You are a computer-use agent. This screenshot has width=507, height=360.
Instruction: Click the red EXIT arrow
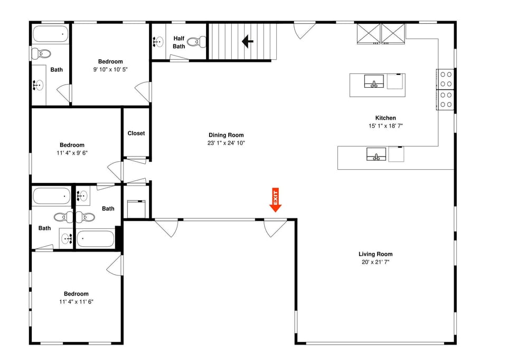tap(275, 200)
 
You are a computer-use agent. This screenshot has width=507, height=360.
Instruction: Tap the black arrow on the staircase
tap(247, 41)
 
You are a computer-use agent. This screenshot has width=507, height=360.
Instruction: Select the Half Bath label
tap(179, 42)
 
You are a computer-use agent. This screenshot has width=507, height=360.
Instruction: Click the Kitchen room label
tap(386, 118)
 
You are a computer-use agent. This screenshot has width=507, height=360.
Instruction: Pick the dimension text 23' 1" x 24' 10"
tap(226, 143)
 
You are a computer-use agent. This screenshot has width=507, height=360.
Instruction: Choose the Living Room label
tap(375, 254)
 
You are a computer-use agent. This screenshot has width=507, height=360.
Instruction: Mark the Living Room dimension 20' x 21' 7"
tap(375, 262)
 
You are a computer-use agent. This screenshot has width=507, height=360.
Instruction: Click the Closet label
tap(136, 133)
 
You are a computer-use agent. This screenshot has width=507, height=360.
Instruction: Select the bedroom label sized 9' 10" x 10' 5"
tap(110, 62)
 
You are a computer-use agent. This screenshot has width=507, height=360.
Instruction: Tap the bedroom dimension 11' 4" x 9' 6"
tap(72, 153)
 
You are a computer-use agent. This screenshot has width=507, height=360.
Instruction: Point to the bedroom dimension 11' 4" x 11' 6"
tap(76, 302)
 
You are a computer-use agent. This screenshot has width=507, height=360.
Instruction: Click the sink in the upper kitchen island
tap(374, 81)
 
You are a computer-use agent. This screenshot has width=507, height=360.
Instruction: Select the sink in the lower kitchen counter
tap(377, 154)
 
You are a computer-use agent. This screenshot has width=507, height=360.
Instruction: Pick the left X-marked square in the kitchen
tap(368, 33)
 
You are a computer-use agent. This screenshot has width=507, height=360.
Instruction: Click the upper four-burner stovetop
tap(446, 79)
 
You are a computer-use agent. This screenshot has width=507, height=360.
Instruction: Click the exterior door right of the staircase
tap(305, 30)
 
